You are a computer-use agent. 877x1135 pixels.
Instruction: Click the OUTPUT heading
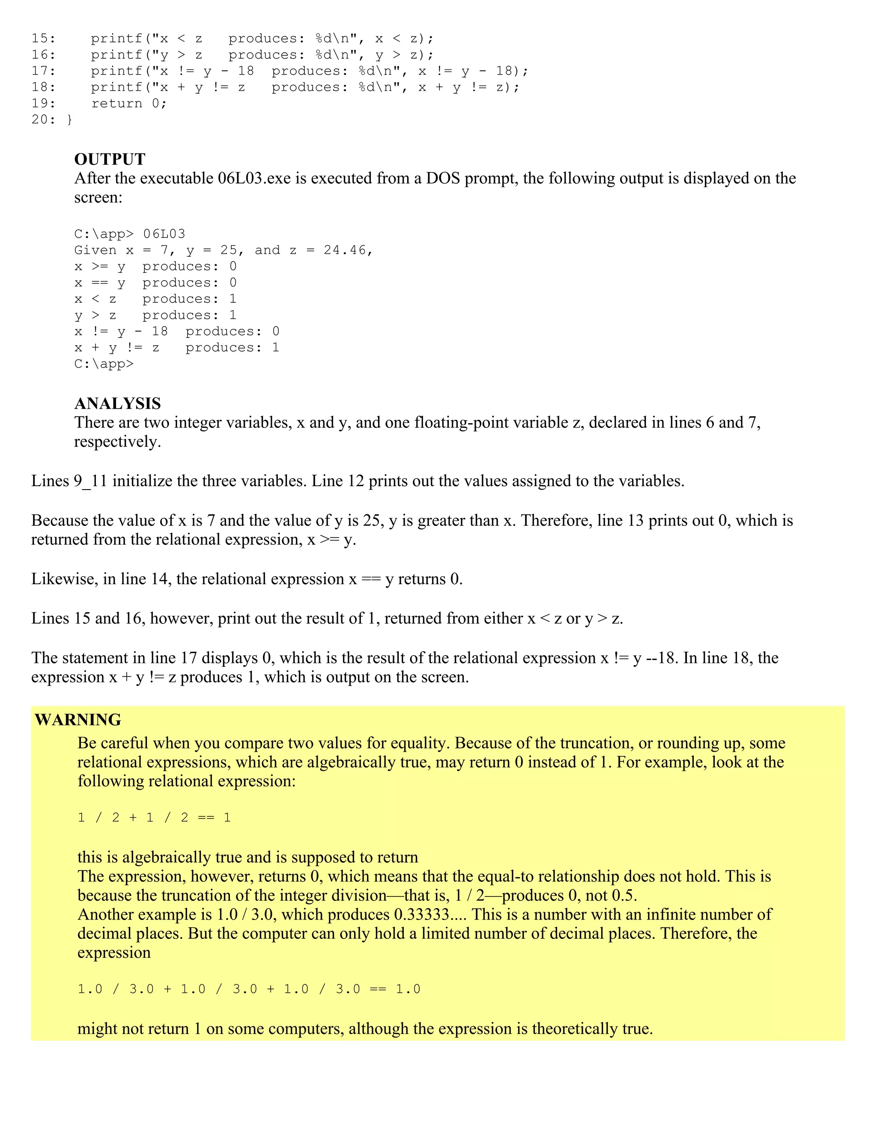(x=110, y=159)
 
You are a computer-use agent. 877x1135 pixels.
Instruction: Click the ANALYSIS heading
(x=117, y=403)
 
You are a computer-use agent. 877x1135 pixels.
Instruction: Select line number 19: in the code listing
(x=44, y=103)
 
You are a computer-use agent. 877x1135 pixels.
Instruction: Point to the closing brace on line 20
(x=70, y=120)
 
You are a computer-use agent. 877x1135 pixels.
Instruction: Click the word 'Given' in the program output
(x=95, y=251)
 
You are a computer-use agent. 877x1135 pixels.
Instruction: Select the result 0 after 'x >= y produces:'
(x=233, y=266)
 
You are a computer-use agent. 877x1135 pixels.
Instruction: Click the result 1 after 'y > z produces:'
(x=233, y=316)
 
